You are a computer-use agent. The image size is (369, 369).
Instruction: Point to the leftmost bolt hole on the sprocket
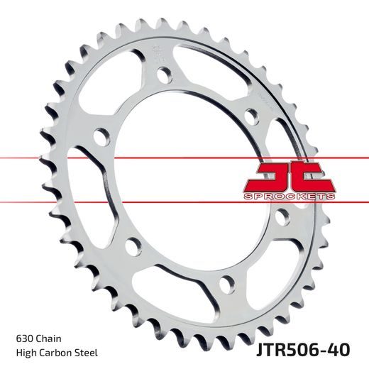[x=100, y=133]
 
